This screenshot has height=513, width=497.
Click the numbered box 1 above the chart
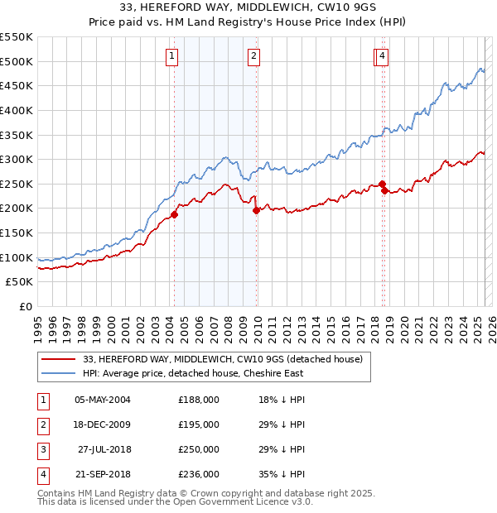(x=171, y=56)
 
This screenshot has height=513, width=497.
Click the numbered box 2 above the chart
(x=253, y=56)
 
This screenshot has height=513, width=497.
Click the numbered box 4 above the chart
(x=383, y=56)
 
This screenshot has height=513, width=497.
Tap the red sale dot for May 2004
(x=174, y=214)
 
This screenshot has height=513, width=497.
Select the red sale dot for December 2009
(x=256, y=210)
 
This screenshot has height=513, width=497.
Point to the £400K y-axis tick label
(x=17, y=110)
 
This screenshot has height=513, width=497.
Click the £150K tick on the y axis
(x=17, y=233)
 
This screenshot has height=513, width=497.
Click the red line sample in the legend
(x=58, y=359)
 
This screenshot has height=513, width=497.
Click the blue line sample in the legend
(x=58, y=373)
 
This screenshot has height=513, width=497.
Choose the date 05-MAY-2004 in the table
(x=103, y=400)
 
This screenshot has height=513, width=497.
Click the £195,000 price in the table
(x=199, y=424)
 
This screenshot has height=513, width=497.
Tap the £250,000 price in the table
(x=199, y=449)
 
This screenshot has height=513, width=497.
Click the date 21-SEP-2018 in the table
(x=103, y=474)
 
